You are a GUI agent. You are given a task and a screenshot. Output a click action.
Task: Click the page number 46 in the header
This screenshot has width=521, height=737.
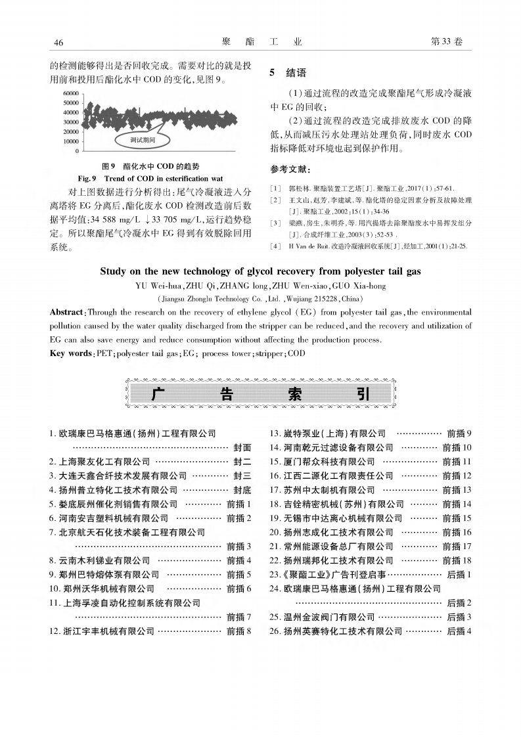pyautogui.click(x=58, y=43)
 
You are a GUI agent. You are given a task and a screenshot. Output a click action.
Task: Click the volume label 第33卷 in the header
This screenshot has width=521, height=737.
pyautogui.click(x=446, y=42)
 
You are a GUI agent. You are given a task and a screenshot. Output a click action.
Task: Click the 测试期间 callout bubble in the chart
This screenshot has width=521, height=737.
pyautogui.click(x=143, y=140)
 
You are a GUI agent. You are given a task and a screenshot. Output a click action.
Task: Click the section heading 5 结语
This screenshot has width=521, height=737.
pyautogui.click(x=288, y=73)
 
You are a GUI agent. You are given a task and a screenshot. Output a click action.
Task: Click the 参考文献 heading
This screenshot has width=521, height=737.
pyautogui.click(x=290, y=169)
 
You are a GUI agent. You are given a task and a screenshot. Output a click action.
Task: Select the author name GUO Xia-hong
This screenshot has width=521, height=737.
pyautogui.click(x=361, y=286)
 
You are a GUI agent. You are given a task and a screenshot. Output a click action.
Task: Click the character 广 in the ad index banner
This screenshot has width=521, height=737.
pyautogui.click(x=158, y=394)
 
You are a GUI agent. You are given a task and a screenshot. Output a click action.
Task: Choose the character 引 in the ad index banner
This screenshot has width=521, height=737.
pyautogui.click(x=363, y=394)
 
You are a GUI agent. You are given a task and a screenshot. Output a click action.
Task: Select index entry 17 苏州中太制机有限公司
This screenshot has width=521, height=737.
pyautogui.click(x=323, y=489)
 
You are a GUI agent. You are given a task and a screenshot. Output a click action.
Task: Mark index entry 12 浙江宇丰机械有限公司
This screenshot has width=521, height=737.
pyautogui.click(x=102, y=631)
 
